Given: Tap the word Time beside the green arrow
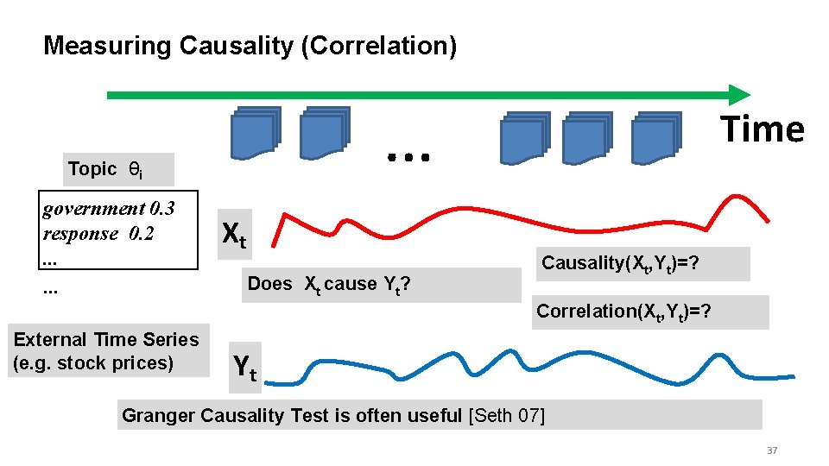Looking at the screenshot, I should pyautogui.click(x=763, y=129).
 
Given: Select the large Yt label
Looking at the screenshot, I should pyautogui.click(x=245, y=368).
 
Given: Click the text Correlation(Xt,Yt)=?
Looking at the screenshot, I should pyautogui.click(x=624, y=312).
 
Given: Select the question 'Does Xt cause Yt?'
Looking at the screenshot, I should pyautogui.click(x=328, y=284).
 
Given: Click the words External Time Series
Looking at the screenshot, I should pyautogui.click(x=106, y=340).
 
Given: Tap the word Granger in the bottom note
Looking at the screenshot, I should pyautogui.click(x=158, y=415).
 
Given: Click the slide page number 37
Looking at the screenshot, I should pyautogui.click(x=772, y=451).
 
